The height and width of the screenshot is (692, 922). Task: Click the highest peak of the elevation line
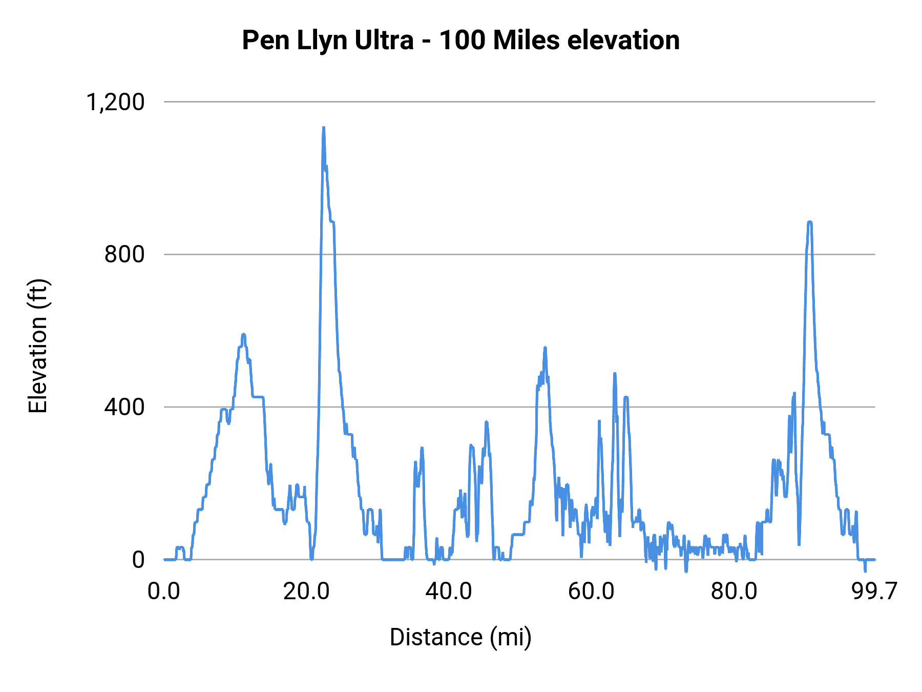click(x=323, y=128)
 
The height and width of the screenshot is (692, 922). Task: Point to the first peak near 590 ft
click(x=244, y=335)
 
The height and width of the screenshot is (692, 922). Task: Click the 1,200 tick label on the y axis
click(x=115, y=102)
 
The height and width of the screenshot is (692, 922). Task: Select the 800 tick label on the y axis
click(x=124, y=254)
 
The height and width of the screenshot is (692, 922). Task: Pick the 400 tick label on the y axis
click(x=124, y=407)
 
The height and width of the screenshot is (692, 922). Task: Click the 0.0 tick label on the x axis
click(x=164, y=592)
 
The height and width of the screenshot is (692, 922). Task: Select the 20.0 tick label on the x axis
click(x=306, y=592)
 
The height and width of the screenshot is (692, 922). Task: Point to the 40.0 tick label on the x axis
click(x=449, y=592)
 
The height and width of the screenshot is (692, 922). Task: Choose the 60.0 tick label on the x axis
click(x=591, y=592)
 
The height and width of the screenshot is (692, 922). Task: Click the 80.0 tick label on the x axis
click(x=734, y=592)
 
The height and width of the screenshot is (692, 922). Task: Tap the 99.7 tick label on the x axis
click(x=874, y=592)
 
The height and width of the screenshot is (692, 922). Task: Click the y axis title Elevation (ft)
click(x=38, y=346)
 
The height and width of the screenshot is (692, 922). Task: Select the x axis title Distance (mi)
click(x=460, y=637)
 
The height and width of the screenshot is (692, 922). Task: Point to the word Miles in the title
click(x=526, y=40)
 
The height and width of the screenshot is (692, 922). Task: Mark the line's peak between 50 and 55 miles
click(x=545, y=348)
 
